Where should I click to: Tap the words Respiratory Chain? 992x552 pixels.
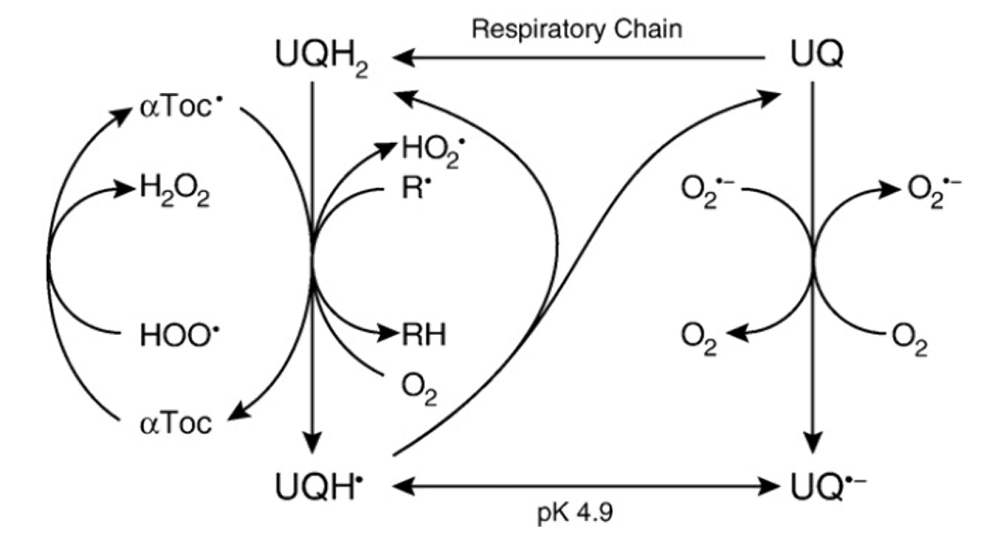pyautogui.click(x=579, y=28)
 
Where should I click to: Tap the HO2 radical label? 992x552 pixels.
pyautogui.click(x=431, y=150)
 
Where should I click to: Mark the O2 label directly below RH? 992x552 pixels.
pyautogui.click(x=419, y=386)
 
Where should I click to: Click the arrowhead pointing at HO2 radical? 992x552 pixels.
pyautogui.click(x=393, y=145)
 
